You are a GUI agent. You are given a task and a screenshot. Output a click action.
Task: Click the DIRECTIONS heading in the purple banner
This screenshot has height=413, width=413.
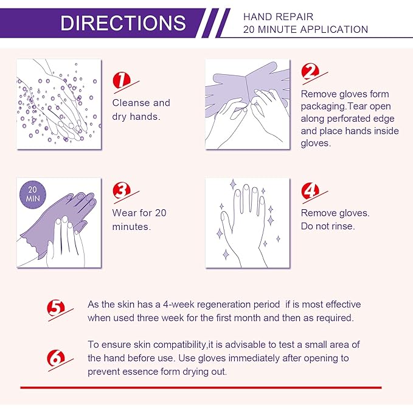tap(123, 23)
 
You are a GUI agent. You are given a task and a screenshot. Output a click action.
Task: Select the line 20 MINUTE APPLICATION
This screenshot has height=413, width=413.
tap(305, 29)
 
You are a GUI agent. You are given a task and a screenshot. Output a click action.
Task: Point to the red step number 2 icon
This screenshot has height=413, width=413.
tap(311, 72)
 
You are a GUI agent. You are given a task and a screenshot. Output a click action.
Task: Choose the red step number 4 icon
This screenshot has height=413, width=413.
tap(311, 190)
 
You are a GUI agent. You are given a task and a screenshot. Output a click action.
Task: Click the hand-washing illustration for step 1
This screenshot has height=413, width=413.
tap(58, 104)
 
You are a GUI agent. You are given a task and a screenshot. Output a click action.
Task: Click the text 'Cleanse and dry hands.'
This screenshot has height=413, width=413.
tap(141, 109)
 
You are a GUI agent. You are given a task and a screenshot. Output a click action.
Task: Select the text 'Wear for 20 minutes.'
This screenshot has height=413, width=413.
tap(139, 220)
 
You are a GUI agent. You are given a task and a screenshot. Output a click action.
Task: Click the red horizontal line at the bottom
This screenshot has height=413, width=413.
tap(201, 387)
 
